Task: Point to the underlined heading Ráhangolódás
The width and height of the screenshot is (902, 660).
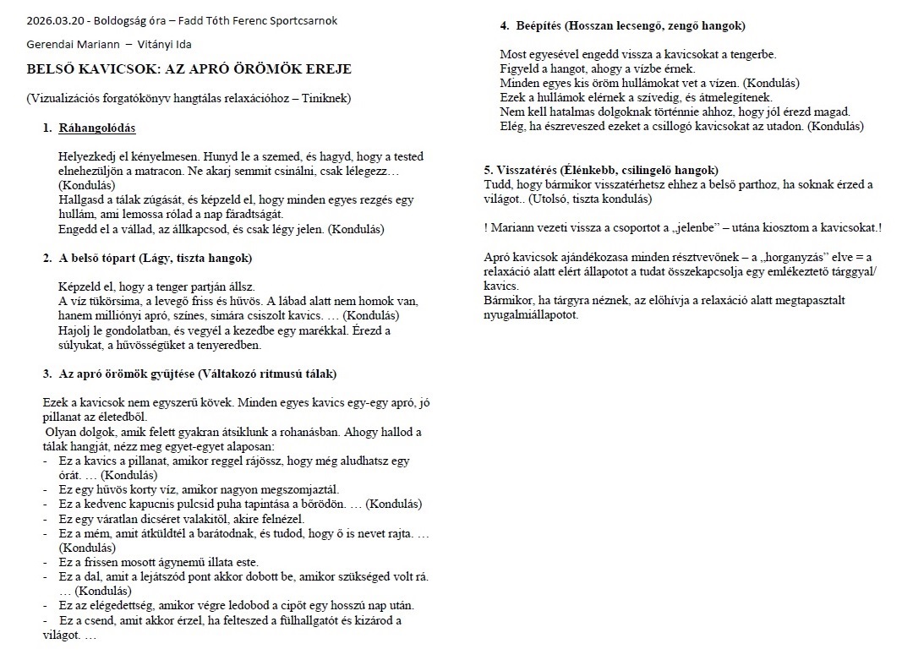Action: click(x=97, y=128)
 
